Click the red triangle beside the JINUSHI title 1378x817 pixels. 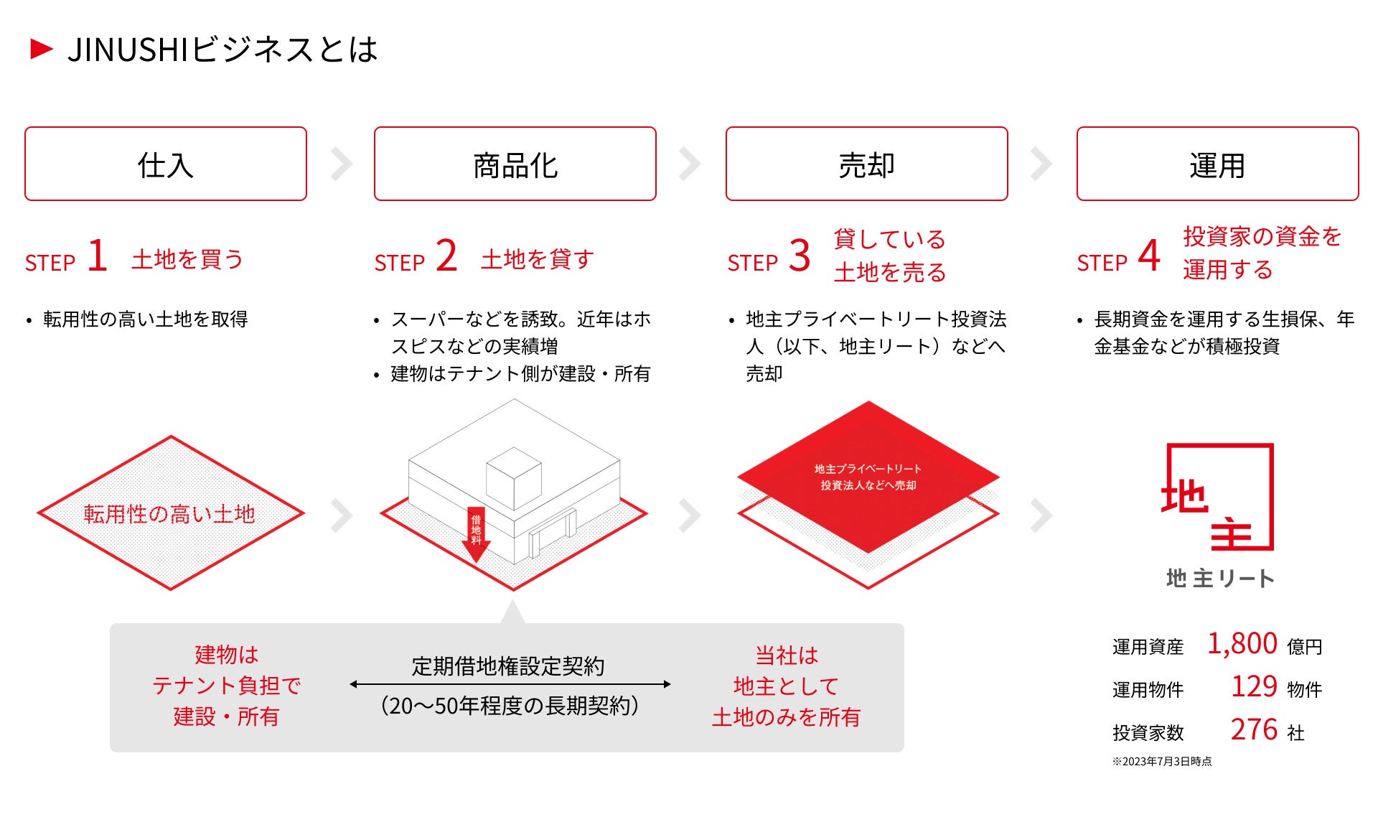pos(42,49)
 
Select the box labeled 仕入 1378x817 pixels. pos(166,164)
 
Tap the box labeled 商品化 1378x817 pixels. pos(515,164)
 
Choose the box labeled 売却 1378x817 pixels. pos(866,164)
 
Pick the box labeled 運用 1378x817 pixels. pos(1217,164)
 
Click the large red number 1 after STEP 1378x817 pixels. pos(98,256)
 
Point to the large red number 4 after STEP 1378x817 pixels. pos(1149,256)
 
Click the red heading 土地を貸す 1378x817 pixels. pos(538,259)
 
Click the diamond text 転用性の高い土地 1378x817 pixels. pos(169,514)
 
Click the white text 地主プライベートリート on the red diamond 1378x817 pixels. pos(868,469)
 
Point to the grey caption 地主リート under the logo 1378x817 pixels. pos(1220,578)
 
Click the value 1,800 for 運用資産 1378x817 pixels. pos(1242,644)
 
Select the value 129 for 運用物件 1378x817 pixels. pos(1254,687)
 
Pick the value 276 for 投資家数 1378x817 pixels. pos(1254,730)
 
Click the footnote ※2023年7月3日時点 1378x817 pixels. pos(1162,762)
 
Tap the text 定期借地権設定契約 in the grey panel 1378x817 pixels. pos(508,666)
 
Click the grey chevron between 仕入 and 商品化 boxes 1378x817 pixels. pos(342,164)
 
